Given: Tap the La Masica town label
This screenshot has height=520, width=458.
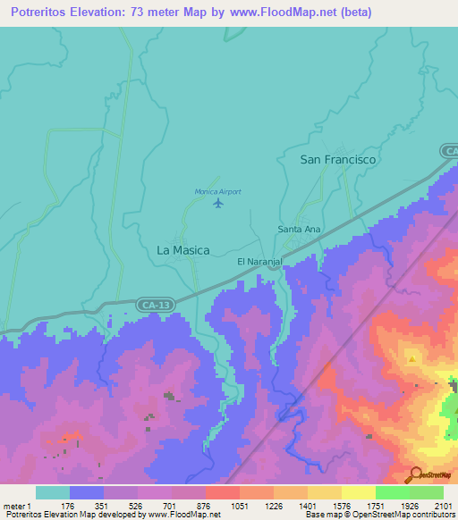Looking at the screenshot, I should tap(183, 251).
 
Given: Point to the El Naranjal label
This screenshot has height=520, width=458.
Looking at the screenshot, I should tap(259, 262).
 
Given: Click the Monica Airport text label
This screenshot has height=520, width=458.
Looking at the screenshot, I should tap(218, 191).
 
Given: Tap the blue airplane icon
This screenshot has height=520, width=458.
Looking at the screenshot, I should tap(218, 205).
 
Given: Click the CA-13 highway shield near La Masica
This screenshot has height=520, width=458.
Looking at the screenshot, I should tap(156, 306).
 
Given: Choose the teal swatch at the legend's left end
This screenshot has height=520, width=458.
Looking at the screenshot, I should tap(53, 492).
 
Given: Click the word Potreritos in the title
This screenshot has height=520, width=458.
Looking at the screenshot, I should tap(40, 12).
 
